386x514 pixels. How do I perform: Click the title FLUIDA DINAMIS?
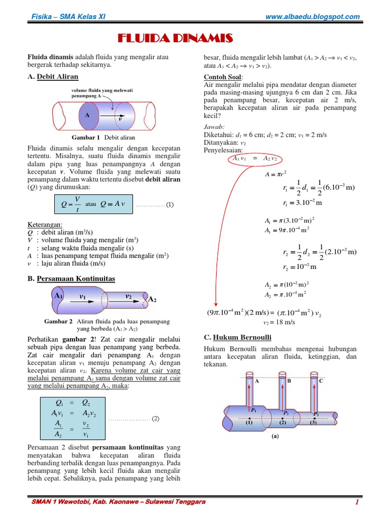pos(175,38)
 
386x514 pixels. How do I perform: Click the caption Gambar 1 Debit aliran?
pos(104,137)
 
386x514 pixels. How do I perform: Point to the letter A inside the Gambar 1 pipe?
pos(87,115)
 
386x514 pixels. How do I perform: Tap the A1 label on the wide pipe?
pos(59,296)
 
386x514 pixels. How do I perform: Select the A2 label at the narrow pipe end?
pos(152,300)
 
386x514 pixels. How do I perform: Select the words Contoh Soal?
pos(223,77)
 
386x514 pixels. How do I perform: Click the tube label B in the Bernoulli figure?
pos(288,381)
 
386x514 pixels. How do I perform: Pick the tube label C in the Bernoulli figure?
pos(321,381)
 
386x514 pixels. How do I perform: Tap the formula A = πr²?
pos(275,175)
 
